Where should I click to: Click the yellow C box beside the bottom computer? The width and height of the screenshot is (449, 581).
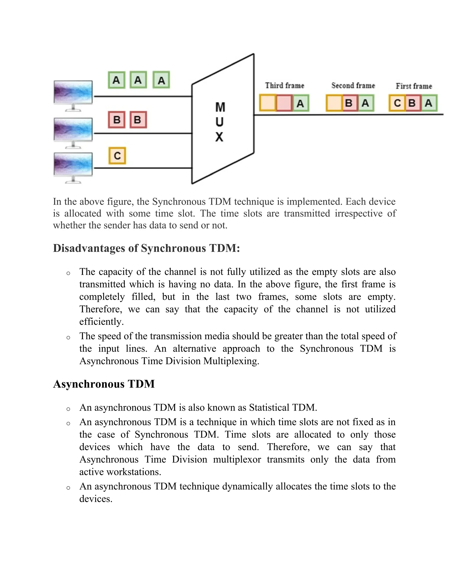click(x=117, y=156)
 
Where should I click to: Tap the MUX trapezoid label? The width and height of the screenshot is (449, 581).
click(x=220, y=122)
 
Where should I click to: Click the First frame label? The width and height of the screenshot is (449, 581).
click(x=414, y=86)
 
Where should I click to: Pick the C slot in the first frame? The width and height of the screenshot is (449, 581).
click(x=397, y=103)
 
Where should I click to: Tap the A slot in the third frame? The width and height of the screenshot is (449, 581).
click(x=300, y=103)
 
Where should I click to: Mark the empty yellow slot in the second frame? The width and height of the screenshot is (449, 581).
click(x=334, y=103)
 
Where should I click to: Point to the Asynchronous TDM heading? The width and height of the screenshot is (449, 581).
click(x=104, y=384)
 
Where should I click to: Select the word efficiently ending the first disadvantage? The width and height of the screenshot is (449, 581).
click(x=102, y=322)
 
